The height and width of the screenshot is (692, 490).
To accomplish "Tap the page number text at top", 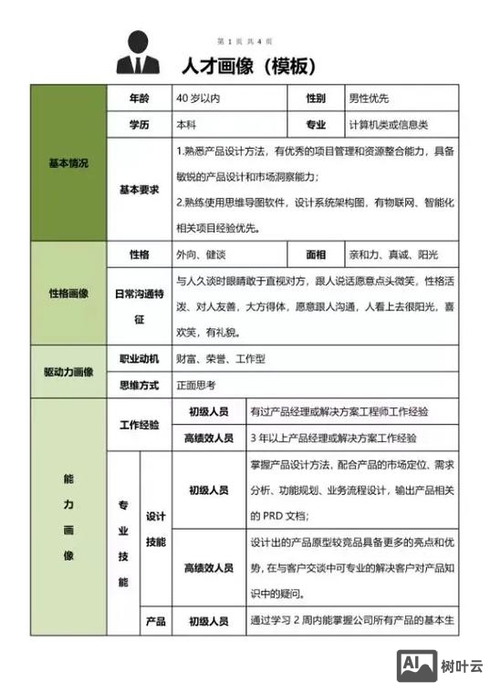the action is [x=245, y=42].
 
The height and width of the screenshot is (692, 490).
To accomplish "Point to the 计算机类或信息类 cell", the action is [x=388, y=124].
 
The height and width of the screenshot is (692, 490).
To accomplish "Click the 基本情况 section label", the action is [x=68, y=163].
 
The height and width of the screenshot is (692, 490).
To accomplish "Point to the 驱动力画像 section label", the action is [x=68, y=372].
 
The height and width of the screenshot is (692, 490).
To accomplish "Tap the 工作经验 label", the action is [x=139, y=425].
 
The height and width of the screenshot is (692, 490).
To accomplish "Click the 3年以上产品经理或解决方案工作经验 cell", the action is [x=339, y=438].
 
